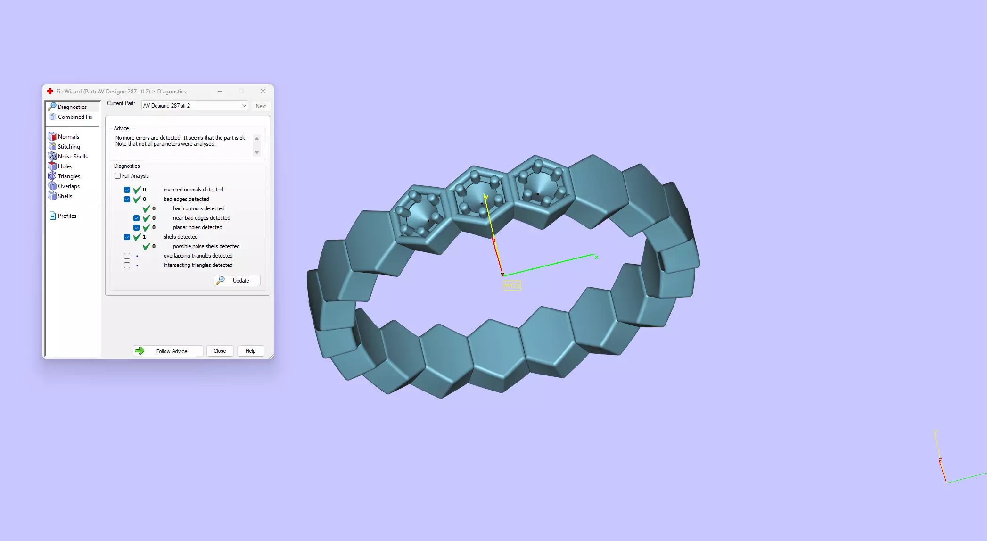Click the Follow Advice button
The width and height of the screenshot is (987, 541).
pos(168,351)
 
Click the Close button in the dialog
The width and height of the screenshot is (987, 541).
pos(220,351)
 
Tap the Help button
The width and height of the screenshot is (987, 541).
pos(250,351)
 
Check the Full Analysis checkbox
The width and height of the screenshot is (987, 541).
pos(118,176)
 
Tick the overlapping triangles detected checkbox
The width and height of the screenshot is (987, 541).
pos(127,256)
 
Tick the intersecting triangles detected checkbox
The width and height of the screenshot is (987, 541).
pos(127,265)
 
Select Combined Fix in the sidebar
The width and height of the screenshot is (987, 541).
pos(75,117)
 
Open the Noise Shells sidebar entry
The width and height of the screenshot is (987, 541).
pos(73,157)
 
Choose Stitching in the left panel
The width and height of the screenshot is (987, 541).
pos(69,147)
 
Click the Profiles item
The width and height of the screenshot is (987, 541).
pos(67,216)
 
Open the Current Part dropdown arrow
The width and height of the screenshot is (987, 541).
pos(244,106)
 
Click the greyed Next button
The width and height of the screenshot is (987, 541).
pos(261,106)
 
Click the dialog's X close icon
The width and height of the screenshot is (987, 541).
pos(263,91)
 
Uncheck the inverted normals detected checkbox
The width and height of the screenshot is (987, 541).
pos(127,190)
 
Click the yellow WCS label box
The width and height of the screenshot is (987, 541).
pos(512,285)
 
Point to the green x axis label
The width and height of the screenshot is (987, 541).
pos(596,258)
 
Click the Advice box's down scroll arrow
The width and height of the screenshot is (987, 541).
pos(257,152)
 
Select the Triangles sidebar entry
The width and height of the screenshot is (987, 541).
pos(69,176)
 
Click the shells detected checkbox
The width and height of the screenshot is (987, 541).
pos(127,237)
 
